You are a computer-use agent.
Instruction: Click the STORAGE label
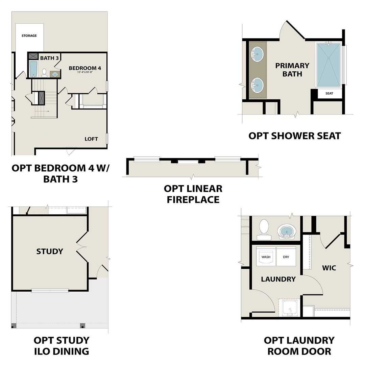pos(29,35)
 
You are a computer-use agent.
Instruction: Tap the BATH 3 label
pos(50,58)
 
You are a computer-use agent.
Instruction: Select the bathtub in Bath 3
pos(33,69)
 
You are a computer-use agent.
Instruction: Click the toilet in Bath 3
pos(44,73)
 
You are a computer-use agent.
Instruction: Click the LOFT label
pos(91,139)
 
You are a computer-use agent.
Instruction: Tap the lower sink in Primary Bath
pos(258,85)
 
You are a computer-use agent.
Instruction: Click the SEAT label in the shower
pos(329,94)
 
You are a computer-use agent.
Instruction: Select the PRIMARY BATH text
pos(292,69)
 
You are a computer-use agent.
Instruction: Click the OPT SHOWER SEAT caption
pos(294,136)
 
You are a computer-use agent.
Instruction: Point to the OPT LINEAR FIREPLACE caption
pos(193,194)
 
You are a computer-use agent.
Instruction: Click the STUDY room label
pos(50,251)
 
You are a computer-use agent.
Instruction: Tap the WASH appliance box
pos(266,257)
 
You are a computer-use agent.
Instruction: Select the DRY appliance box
pos(286,257)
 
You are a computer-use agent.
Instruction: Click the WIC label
pos(329,268)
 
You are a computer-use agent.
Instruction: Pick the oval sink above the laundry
pos(287,232)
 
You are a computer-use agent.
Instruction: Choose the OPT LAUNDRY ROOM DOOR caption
pos(299,345)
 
